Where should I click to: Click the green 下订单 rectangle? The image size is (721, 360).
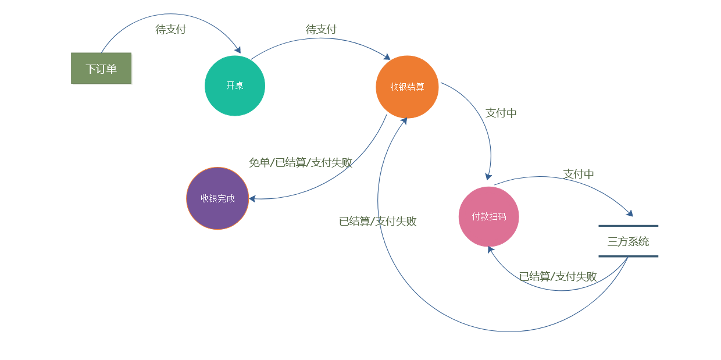coord(101,69)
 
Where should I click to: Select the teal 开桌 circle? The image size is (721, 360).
coord(235,85)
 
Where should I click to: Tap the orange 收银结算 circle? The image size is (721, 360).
coord(407,87)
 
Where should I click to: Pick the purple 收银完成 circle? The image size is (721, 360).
coord(217,198)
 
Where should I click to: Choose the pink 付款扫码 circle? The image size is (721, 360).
coord(488,216)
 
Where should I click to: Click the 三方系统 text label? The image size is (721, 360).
coord(628,241)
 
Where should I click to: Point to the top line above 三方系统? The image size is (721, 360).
coord(628,226)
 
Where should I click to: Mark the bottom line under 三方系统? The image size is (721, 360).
coord(628,256)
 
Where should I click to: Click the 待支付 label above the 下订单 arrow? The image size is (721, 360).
coord(170,30)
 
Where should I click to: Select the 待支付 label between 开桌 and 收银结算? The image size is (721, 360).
coord(321,30)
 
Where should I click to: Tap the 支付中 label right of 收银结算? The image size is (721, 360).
coord(501,113)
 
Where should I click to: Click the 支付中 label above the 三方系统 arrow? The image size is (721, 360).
coord(579,174)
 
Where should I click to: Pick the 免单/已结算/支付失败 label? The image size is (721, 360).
coord(301,163)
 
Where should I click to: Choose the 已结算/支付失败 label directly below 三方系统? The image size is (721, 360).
coord(558,277)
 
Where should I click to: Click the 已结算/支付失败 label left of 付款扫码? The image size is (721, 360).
coord(378,222)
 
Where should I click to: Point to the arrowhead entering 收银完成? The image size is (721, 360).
coord(252,199)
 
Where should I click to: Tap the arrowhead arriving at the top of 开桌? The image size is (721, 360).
coord(237,50)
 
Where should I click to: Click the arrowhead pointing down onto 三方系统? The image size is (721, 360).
coord(630,213)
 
